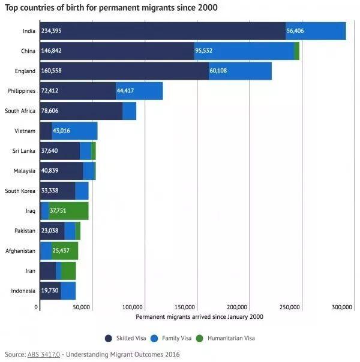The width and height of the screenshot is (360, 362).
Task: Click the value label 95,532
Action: pyautogui.click(x=205, y=51)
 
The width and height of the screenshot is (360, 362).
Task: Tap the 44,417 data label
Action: pyautogui.click(x=125, y=91)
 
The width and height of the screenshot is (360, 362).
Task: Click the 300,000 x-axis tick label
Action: pyautogui.click(x=341, y=307)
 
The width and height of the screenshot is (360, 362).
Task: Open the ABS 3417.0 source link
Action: pyautogui.click(x=44, y=354)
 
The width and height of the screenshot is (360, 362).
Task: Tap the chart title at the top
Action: pyautogui.click(x=111, y=8)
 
